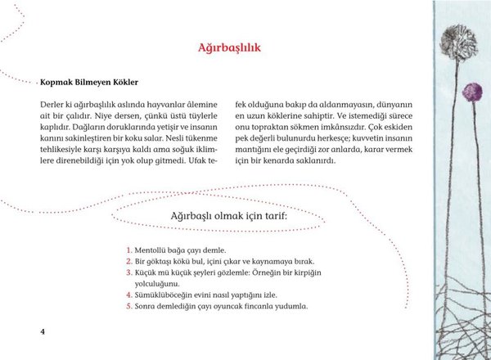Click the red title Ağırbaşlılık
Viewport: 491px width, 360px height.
229,48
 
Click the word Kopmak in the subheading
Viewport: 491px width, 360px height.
59,83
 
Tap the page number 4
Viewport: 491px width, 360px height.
43,331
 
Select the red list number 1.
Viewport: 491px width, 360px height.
129,250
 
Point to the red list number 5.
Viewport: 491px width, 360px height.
129,307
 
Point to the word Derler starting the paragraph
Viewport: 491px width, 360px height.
53,106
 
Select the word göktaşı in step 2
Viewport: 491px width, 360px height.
163,261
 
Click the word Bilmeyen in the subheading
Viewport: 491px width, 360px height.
97,83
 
